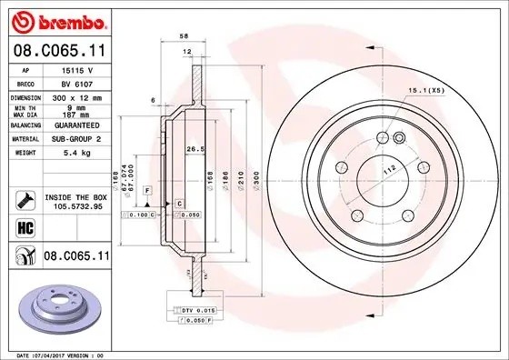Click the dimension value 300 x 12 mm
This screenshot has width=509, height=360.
[x=75, y=95]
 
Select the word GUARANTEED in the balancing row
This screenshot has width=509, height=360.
[x=75, y=125]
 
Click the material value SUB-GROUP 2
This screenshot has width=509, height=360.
[x=75, y=139]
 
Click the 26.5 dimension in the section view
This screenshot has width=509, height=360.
[x=193, y=150]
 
